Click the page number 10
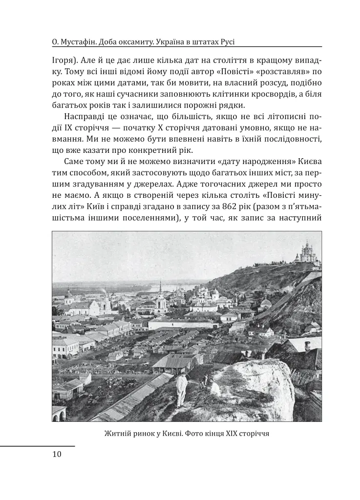coord(57,455)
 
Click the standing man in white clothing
coord(182,388)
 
